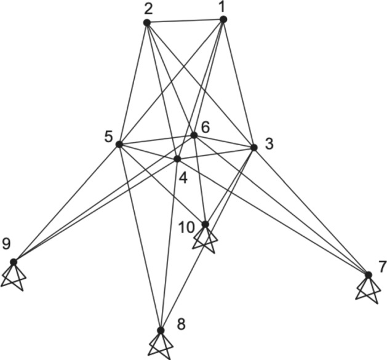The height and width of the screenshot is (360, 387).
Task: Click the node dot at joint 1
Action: (223, 20)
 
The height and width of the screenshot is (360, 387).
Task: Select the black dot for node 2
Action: (146, 23)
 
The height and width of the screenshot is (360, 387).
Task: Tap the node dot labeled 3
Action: (253, 147)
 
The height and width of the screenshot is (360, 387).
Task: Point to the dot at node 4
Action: (177, 159)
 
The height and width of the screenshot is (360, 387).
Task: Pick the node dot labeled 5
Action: (119, 144)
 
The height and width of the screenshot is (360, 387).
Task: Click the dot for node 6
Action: (194, 135)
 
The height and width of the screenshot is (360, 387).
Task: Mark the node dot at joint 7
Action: (368, 274)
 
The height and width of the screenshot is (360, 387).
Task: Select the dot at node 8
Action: (161, 330)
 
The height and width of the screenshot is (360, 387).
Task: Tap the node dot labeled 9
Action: (14, 262)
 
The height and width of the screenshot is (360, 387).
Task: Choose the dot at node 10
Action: (205, 224)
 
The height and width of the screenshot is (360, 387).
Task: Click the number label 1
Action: (223, 6)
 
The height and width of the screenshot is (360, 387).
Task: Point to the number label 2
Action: (148, 9)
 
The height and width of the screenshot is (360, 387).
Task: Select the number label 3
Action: (268, 144)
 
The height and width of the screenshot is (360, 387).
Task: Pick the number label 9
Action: (6, 245)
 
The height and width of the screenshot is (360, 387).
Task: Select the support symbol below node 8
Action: (161, 345)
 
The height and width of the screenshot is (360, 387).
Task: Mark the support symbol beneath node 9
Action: (14, 276)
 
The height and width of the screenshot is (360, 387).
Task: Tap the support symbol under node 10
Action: (205, 239)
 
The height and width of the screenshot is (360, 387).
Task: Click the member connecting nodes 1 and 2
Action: (185, 22)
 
